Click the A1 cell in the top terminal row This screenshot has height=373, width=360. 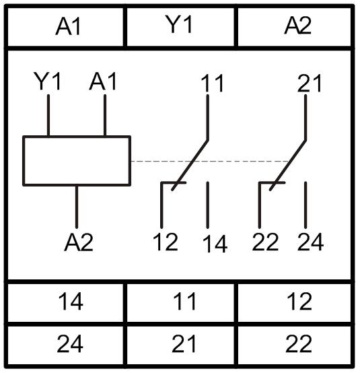66,27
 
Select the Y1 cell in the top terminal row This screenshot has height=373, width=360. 180,27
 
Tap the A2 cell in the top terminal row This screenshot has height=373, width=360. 294,27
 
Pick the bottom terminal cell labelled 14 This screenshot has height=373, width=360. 66,302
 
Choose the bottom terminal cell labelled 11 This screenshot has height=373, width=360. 180,302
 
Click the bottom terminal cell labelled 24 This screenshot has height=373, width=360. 66,345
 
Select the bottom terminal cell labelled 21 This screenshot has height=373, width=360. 180,345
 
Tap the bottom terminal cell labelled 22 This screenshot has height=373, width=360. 294,345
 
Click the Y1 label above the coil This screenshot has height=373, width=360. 48,81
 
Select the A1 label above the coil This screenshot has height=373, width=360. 103,81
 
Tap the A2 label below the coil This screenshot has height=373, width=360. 79,242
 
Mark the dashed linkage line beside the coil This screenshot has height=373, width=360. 210,161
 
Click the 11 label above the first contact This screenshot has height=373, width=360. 213,83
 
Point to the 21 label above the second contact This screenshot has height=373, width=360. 310,83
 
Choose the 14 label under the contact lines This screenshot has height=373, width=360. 215,244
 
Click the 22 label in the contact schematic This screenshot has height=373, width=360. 265,242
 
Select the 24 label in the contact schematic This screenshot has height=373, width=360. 310,242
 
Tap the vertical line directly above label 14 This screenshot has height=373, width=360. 207,205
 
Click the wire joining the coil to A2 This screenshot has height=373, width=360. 77,207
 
